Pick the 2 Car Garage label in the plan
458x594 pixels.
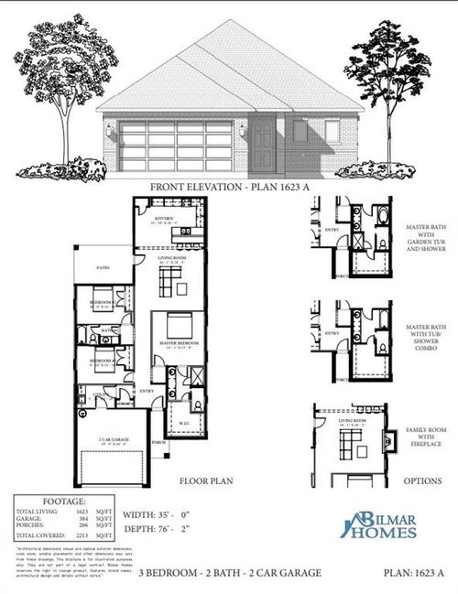(x=114, y=439)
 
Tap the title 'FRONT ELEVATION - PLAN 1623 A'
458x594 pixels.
(x=228, y=187)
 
